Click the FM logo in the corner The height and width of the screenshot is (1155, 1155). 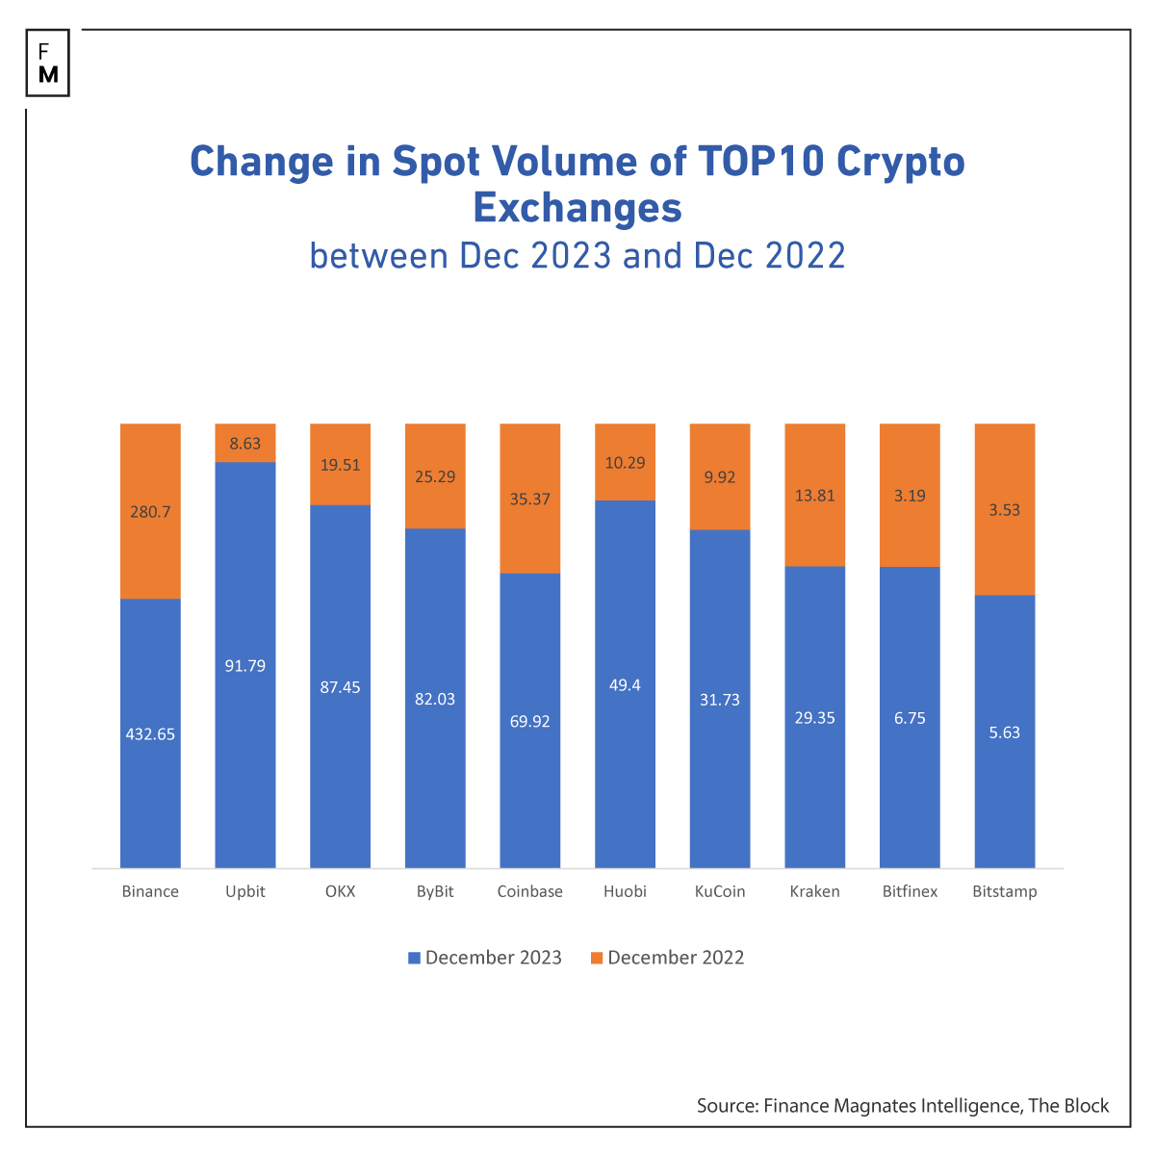pyautogui.click(x=48, y=64)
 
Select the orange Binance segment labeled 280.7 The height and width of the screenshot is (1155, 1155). pyautogui.click(x=150, y=511)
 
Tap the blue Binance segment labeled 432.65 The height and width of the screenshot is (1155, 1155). pyautogui.click(x=150, y=733)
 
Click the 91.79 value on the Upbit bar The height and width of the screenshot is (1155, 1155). pyautogui.click(x=245, y=665)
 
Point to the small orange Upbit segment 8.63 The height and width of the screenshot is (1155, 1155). pyautogui.click(x=245, y=444)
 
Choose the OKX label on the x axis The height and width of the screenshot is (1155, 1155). pyautogui.click(x=340, y=891)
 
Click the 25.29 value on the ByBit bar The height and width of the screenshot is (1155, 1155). pyautogui.click(x=435, y=476)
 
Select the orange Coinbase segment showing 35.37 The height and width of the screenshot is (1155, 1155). pyautogui.click(x=529, y=499)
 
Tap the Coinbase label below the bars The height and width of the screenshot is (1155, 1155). pyautogui.click(x=529, y=891)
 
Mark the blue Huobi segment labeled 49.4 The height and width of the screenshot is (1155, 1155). pyautogui.click(x=625, y=684)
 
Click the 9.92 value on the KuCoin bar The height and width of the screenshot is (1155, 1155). pyautogui.click(x=720, y=476)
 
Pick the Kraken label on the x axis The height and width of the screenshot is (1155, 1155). pyautogui.click(x=814, y=891)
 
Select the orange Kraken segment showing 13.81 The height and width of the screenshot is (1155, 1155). pyautogui.click(x=814, y=496)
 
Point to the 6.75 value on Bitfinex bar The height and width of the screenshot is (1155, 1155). pyautogui.click(x=910, y=718)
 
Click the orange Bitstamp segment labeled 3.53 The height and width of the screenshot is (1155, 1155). pyautogui.click(x=1005, y=509)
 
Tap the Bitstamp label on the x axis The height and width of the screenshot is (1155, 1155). pyautogui.click(x=1005, y=891)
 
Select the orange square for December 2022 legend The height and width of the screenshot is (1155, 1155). pyautogui.click(x=597, y=958)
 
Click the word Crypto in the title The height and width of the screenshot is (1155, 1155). pyautogui.click(x=900, y=161)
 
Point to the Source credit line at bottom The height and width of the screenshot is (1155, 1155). pyautogui.click(x=903, y=1106)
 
